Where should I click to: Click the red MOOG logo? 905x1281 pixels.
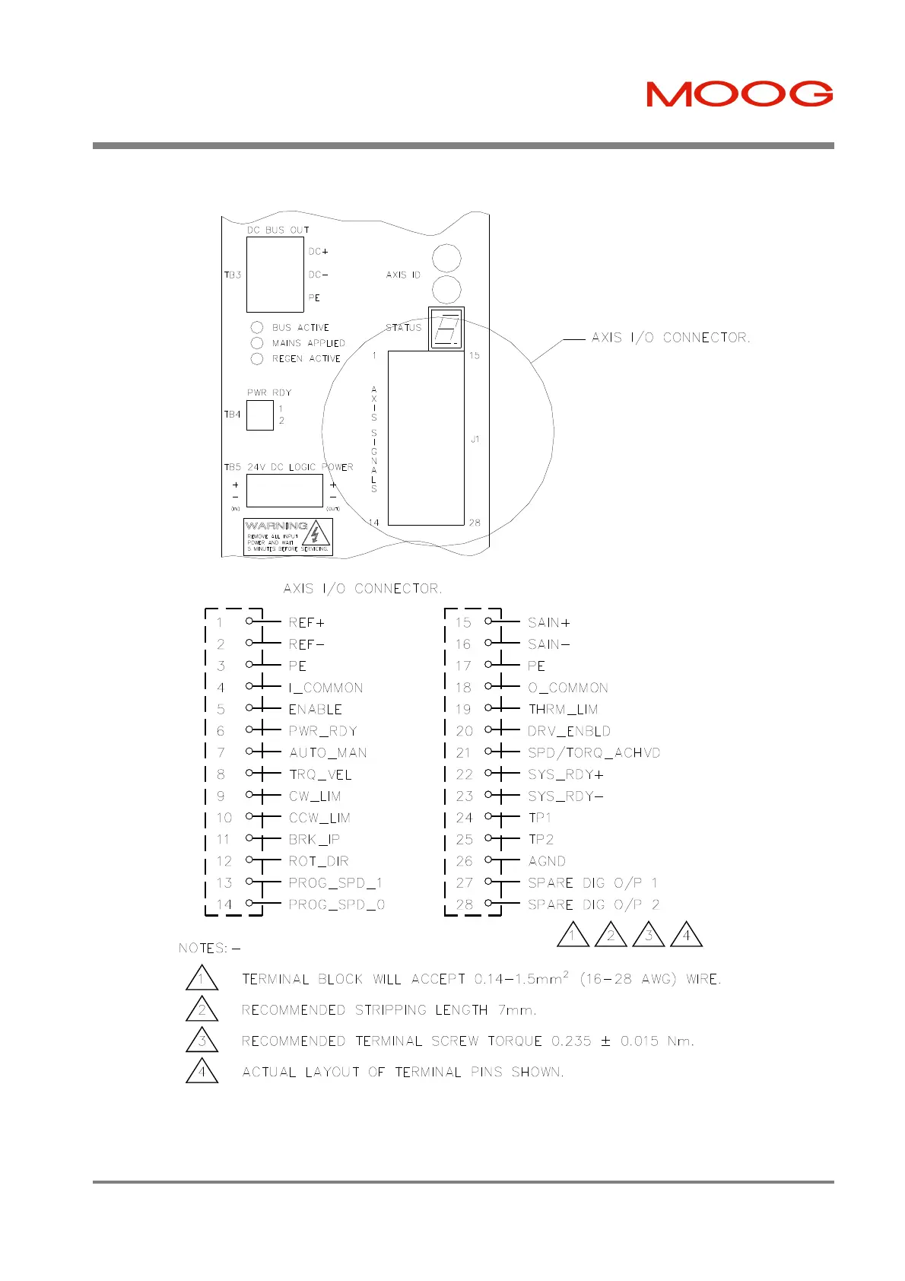click(739, 94)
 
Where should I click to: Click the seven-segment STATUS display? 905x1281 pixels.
click(446, 329)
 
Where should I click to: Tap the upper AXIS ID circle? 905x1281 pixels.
click(446, 259)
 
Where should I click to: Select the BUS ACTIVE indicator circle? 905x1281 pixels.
click(257, 328)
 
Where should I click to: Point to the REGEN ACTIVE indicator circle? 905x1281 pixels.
click(257, 359)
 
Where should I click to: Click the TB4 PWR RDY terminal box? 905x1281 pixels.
click(260, 415)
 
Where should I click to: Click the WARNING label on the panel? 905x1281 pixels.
click(288, 536)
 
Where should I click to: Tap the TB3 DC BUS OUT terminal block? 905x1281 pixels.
click(275, 275)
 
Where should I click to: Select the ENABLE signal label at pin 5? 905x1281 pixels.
click(315, 710)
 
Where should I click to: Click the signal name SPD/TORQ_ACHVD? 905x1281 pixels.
click(594, 753)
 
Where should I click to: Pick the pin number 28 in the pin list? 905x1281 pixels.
click(464, 904)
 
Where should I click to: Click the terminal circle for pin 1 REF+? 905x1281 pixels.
click(249, 621)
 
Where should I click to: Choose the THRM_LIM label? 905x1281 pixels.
click(563, 710)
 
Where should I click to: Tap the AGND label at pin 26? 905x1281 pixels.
click(547, 861)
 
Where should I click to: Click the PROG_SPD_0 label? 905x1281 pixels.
click(336, 904)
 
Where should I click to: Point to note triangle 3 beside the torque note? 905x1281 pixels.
click(202, 1041)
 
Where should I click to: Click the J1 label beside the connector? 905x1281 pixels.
click(475, 439)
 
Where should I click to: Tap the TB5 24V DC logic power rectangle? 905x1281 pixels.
click(284, 491)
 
